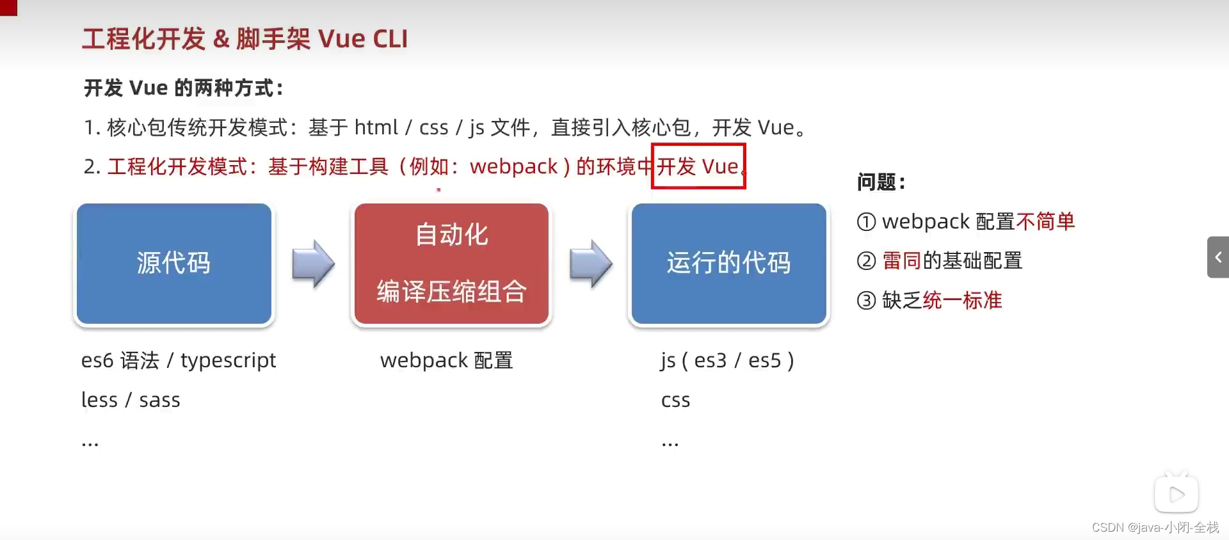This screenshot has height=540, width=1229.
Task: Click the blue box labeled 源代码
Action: tap(174, 264)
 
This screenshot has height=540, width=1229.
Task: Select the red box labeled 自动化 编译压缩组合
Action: tap(451, 264)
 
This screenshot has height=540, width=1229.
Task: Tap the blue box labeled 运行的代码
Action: tap(728, 264)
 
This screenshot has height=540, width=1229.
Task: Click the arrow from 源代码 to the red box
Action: tap(313, 264)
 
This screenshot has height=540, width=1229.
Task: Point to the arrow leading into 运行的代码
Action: tap(590, 264)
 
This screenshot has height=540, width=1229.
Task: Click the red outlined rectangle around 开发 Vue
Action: tap(698, 166)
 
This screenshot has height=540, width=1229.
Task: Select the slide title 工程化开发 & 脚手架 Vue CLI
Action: tap(245, 39)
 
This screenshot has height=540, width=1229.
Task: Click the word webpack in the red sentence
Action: tap(513, 167)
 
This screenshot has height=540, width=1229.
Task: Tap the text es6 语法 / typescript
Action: tap(179, 361)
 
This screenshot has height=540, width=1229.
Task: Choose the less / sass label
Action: tap(131, 401)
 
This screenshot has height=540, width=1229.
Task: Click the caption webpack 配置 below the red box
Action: tap(446, 361)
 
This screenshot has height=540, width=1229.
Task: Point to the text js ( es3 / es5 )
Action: tap(727, 361)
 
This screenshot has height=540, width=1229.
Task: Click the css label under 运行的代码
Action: tap(675, 401)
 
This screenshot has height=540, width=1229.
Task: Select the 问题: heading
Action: tap(881, 182)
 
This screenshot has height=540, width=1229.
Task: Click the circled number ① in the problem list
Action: tap(866, 222)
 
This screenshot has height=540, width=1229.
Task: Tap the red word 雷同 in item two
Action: tap(901, 261)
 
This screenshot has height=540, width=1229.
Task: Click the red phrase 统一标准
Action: tap(962, 300)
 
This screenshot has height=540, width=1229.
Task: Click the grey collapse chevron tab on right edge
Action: tap(1218, 257)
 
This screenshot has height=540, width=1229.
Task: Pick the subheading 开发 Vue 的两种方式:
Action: tap(183, 88)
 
